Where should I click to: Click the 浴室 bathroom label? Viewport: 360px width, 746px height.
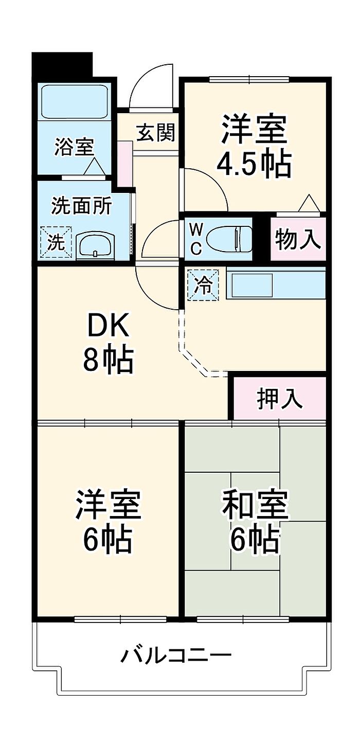(x=75, y=148)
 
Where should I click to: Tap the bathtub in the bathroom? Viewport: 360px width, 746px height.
(x=75, y=101)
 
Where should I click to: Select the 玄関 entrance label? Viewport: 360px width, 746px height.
(x=155, y=133)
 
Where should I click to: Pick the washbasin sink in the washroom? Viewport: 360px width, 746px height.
(x=96, y=244)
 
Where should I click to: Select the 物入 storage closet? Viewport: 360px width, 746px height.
(x=298, y=239)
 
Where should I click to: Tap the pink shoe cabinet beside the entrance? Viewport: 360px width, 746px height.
(x=124, y=164)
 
